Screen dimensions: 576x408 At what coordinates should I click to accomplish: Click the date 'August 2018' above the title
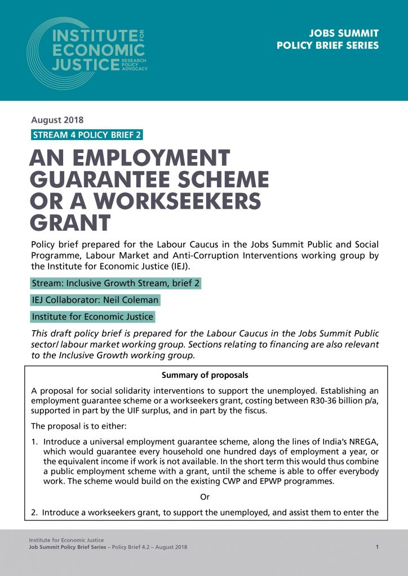point(57,120)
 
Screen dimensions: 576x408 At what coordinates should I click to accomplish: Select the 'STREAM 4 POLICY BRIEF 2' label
point(87,134)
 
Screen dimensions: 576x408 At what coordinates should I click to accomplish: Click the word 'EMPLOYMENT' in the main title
point(156,159)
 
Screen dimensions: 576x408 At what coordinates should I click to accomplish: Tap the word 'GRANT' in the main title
point(70,222)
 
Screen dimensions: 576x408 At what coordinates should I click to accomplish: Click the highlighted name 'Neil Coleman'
point(130,300)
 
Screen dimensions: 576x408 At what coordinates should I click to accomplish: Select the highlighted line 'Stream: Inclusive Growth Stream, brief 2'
point(116,283)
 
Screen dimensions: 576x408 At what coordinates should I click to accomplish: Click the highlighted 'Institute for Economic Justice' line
point(92,317)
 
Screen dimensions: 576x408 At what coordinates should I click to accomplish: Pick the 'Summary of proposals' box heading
point(205,375)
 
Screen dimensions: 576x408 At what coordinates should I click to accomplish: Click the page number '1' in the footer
point(376,547)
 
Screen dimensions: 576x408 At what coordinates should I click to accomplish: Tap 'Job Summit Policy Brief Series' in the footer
point(67,547)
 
